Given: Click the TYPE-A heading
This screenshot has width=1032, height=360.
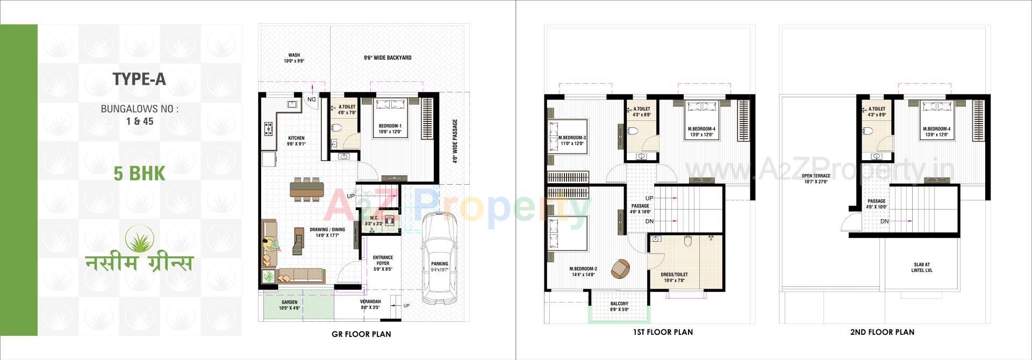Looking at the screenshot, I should coord(139,80).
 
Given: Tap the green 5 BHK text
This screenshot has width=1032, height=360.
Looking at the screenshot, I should coord(139,174).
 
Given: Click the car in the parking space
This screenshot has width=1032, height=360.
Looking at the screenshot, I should coord(440,258).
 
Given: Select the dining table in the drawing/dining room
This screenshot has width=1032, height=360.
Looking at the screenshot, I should coord(307,189).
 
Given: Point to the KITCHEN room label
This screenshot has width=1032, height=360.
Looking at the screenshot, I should coord(296,138).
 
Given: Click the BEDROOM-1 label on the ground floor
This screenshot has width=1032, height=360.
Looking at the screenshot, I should coord(390,126).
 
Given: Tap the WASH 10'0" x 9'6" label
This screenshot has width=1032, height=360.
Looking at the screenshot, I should coord(294,55).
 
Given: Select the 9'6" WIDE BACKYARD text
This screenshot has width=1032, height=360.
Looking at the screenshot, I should coord(387,57).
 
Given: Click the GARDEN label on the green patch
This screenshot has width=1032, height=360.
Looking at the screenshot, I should coord(289,303).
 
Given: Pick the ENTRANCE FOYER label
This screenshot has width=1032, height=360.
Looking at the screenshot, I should coord(383,258).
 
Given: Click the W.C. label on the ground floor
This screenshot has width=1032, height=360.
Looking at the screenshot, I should coord(374,218).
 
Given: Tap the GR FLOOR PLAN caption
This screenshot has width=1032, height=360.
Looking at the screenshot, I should coord(361,334).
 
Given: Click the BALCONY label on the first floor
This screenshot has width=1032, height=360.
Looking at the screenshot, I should coord(619,304).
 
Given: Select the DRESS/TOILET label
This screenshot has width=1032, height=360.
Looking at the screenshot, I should coord(674,275).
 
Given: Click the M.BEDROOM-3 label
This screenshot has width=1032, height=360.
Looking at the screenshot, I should coord(572,138).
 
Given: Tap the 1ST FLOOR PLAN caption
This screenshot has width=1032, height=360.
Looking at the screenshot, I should coord(662,333).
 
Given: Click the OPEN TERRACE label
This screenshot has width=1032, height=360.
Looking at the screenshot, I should coord(816,176).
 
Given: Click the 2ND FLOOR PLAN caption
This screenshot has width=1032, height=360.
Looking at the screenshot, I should coord(882,333).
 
